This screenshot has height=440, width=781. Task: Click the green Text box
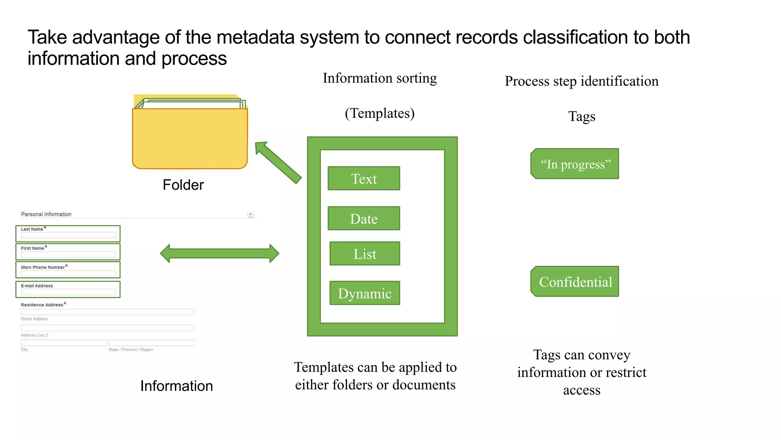pyautogui.click(x=364, y=178)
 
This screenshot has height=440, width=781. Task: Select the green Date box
pyautogui.click(x=364, y=218)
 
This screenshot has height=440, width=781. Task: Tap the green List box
pyautogui.click(x=365, y=254)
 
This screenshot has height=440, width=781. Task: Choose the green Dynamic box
pyautogui.click(x=365, y=293)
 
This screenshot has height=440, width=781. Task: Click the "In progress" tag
pyautogui.click(x=575, y=164)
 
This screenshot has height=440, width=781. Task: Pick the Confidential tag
pyautogui.click(x=575, y=282)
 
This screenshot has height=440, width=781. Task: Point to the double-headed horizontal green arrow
pyautogui.click(x=220, y=254)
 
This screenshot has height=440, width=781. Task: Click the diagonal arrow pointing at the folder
pyautogui.click(x=278, y=163)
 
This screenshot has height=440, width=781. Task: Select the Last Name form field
pyautogui.click(x=68, y=235)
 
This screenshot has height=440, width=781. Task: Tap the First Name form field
pyautogui.click(x=68, y=254)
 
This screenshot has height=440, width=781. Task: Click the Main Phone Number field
pyautogui.click(x=68, y=273)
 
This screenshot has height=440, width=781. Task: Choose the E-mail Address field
pyautogui.click(x=68, y=292)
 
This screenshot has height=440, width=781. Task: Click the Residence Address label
pyautogui.click(x=42, y=305)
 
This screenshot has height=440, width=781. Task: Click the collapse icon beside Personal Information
pyautogui.click(x=251, y=215)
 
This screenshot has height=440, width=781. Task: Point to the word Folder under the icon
pyautogui.click(x=183, y=185)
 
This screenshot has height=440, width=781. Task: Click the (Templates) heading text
pyautogui.click(x=379, y=113)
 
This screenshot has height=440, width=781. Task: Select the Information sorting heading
pyautogui.click(x=379, y=78)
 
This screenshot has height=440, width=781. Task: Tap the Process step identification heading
pyautogui.click(x=582, y=81)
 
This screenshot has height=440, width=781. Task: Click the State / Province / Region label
pyautogui.click(x=131, y=350)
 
